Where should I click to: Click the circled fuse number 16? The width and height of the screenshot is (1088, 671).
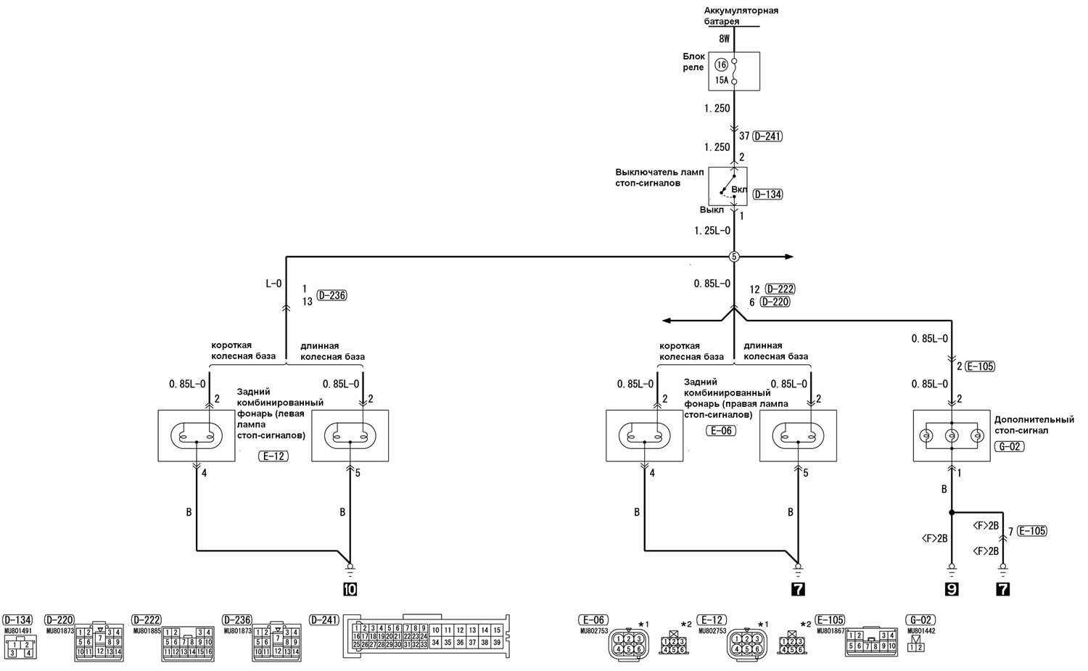click(721, 65)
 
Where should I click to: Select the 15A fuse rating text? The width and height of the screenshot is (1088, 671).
click(721, 81)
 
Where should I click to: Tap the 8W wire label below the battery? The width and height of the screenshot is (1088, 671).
click(723, 38)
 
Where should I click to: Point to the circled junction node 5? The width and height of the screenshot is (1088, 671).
click(733, 257)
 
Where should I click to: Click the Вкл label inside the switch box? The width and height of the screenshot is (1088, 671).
click(739, 189)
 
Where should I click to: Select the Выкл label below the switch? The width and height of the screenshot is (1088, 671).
click(712, 210)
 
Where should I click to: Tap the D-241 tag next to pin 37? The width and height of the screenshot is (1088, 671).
click(767, 136)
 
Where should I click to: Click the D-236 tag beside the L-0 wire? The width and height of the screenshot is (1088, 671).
click(332, 295)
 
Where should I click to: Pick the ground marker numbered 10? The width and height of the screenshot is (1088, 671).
click(350, 589)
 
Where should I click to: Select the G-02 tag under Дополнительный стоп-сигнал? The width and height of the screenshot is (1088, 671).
click(1010, 446)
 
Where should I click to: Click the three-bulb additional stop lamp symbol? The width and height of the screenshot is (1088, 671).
click(951, 435)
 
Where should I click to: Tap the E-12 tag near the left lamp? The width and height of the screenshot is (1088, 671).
click(272, 456)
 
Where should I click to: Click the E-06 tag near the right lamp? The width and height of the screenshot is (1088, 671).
click(721, 431)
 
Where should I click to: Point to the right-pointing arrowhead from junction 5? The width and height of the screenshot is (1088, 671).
click(789, 257)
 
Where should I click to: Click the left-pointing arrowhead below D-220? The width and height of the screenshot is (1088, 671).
click(667, 320)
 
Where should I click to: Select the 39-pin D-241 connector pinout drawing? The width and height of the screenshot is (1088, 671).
click(427, 635)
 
